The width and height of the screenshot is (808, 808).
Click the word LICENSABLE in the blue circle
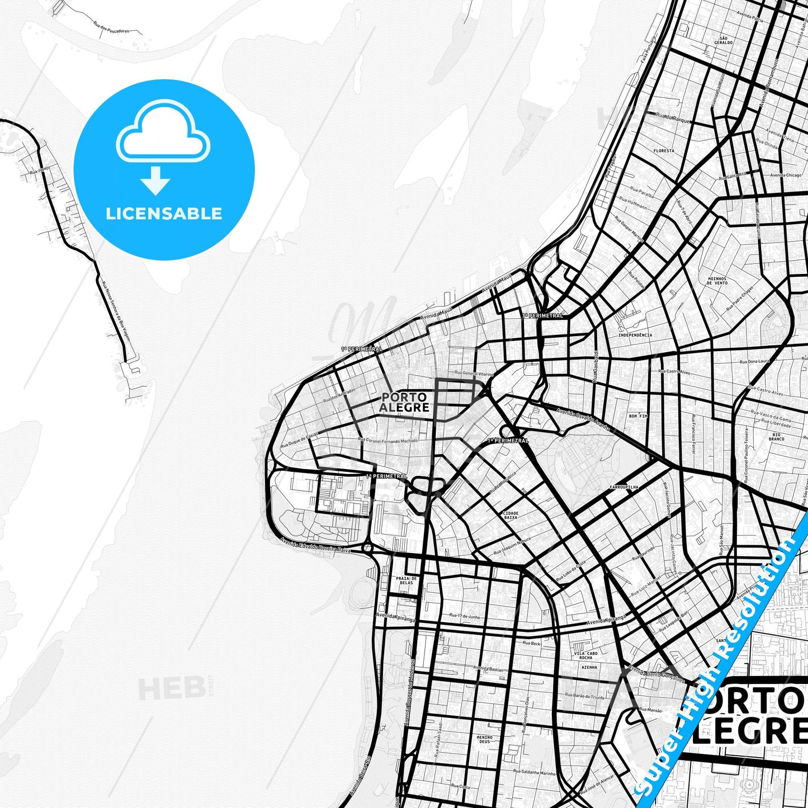(x=164, y=214)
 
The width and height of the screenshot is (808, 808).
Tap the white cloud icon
(x=163, y=132)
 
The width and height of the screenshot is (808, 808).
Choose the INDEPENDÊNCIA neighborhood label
(x=635, y=336)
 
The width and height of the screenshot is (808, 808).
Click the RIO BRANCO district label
(x=777, y=437)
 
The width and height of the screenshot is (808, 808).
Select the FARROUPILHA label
(x=623, y=488)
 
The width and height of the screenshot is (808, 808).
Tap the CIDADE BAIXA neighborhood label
(x=511, y=515)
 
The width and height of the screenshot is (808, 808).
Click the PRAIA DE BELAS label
(x=407, y=580)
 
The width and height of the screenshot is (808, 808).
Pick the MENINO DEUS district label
(x=484, y=739)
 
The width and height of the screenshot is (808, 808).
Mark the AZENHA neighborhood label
(x=589, y=667)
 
